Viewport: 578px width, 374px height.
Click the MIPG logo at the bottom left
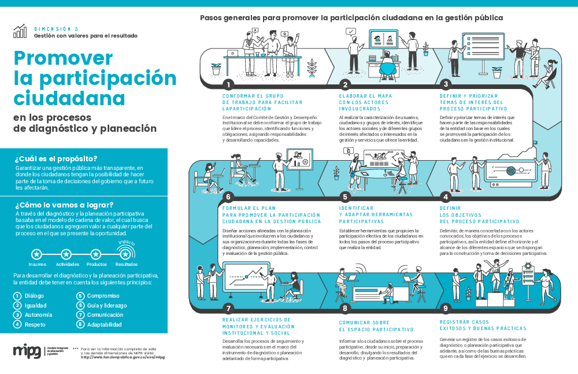click(28, 351)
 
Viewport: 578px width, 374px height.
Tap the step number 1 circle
click(229, 84)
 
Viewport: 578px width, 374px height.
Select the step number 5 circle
click(345, 195)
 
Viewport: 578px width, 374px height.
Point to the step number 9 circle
click(445, 308)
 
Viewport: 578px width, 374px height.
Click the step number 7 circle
click(229, 308)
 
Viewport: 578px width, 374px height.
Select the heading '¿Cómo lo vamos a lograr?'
click(64, 204)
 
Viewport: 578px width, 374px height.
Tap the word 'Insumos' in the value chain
click(37, 264)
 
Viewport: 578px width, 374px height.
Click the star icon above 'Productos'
click(96, 254)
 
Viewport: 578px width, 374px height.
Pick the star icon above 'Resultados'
click(125, 254)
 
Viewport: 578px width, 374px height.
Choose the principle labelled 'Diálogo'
click(34, 296)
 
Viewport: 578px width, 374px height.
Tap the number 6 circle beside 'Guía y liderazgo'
click(80, 305)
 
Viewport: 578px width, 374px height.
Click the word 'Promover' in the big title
click(63, 58)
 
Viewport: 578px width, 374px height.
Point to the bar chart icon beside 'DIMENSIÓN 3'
click(20, 31)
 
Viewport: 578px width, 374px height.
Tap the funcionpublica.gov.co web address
click(123, 357)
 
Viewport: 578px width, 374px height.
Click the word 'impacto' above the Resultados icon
click(127, 243)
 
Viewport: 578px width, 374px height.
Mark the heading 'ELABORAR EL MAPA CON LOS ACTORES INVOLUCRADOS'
click(365, 102)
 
